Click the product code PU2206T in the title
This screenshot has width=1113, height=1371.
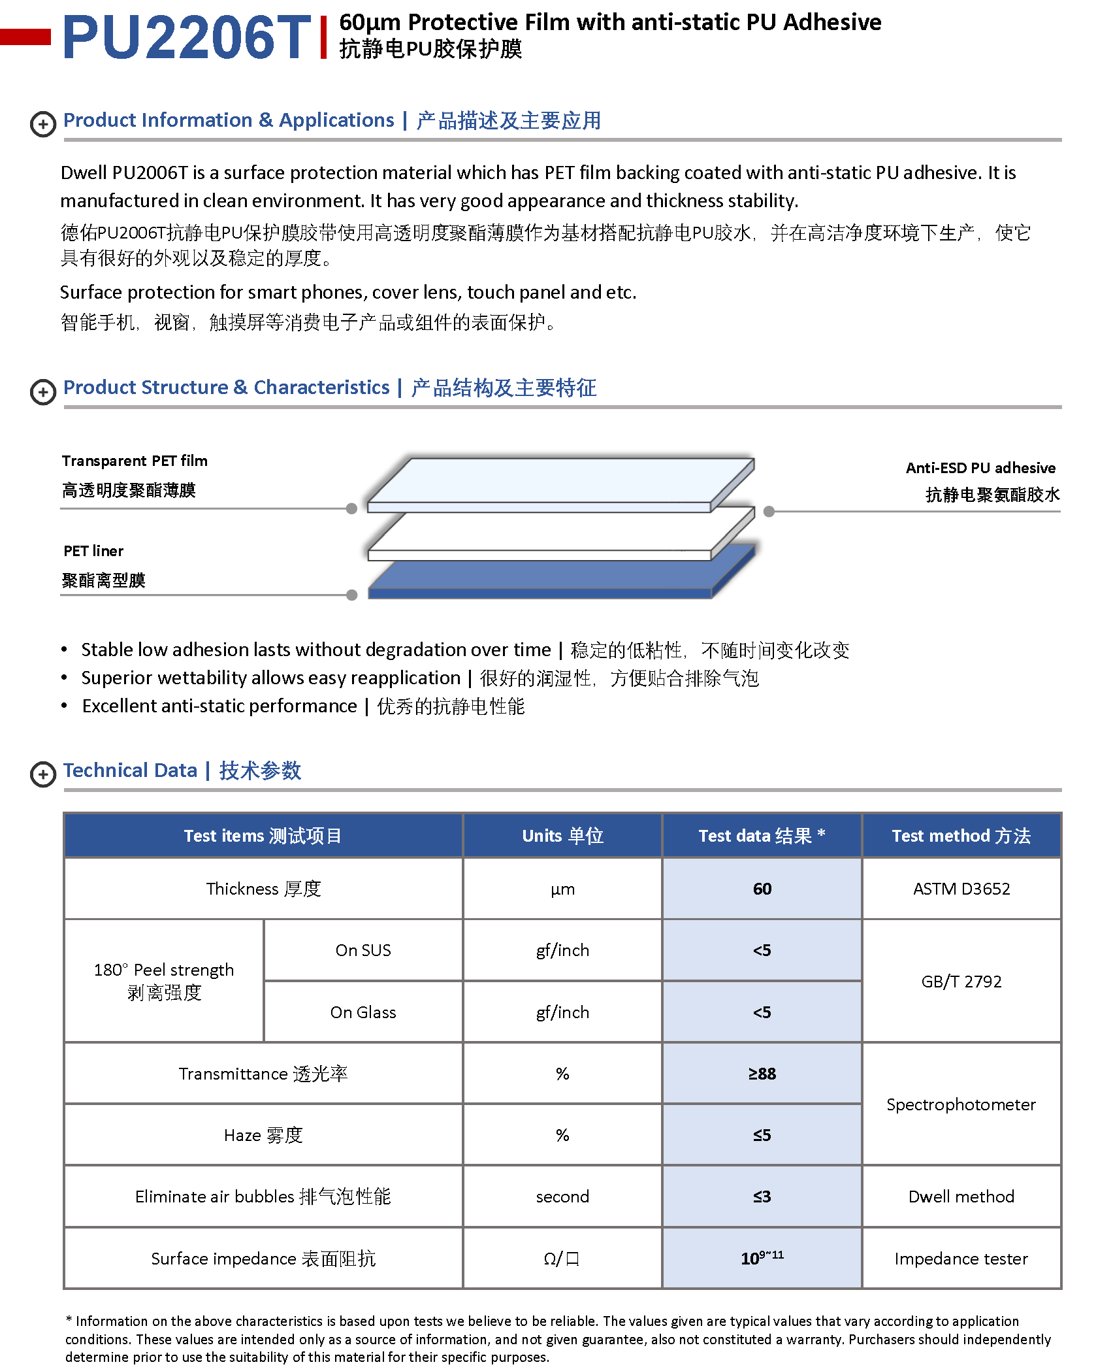point(187,37)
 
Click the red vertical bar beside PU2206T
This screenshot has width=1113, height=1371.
point(323,37)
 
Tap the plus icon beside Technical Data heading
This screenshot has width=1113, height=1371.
point(43,774)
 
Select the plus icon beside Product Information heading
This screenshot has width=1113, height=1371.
point(43,124)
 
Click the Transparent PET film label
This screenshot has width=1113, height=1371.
point(135,461)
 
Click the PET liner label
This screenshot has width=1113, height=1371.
point(93,551)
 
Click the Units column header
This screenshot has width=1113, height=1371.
point(562,836)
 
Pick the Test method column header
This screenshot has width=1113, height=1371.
point(961,836)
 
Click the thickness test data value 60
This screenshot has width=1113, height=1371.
point(762,889)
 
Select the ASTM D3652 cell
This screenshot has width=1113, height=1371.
point(961,889)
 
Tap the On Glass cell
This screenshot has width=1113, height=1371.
point(363,1012)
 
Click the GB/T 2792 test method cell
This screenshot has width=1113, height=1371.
point(961,982)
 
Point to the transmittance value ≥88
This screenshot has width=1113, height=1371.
point(762,1074)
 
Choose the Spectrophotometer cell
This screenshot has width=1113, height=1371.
point(961,1104)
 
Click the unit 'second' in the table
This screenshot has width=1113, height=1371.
point(562,1197)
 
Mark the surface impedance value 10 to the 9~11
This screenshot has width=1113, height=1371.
point(762,1258)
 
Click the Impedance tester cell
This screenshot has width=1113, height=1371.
point(961,1259)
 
